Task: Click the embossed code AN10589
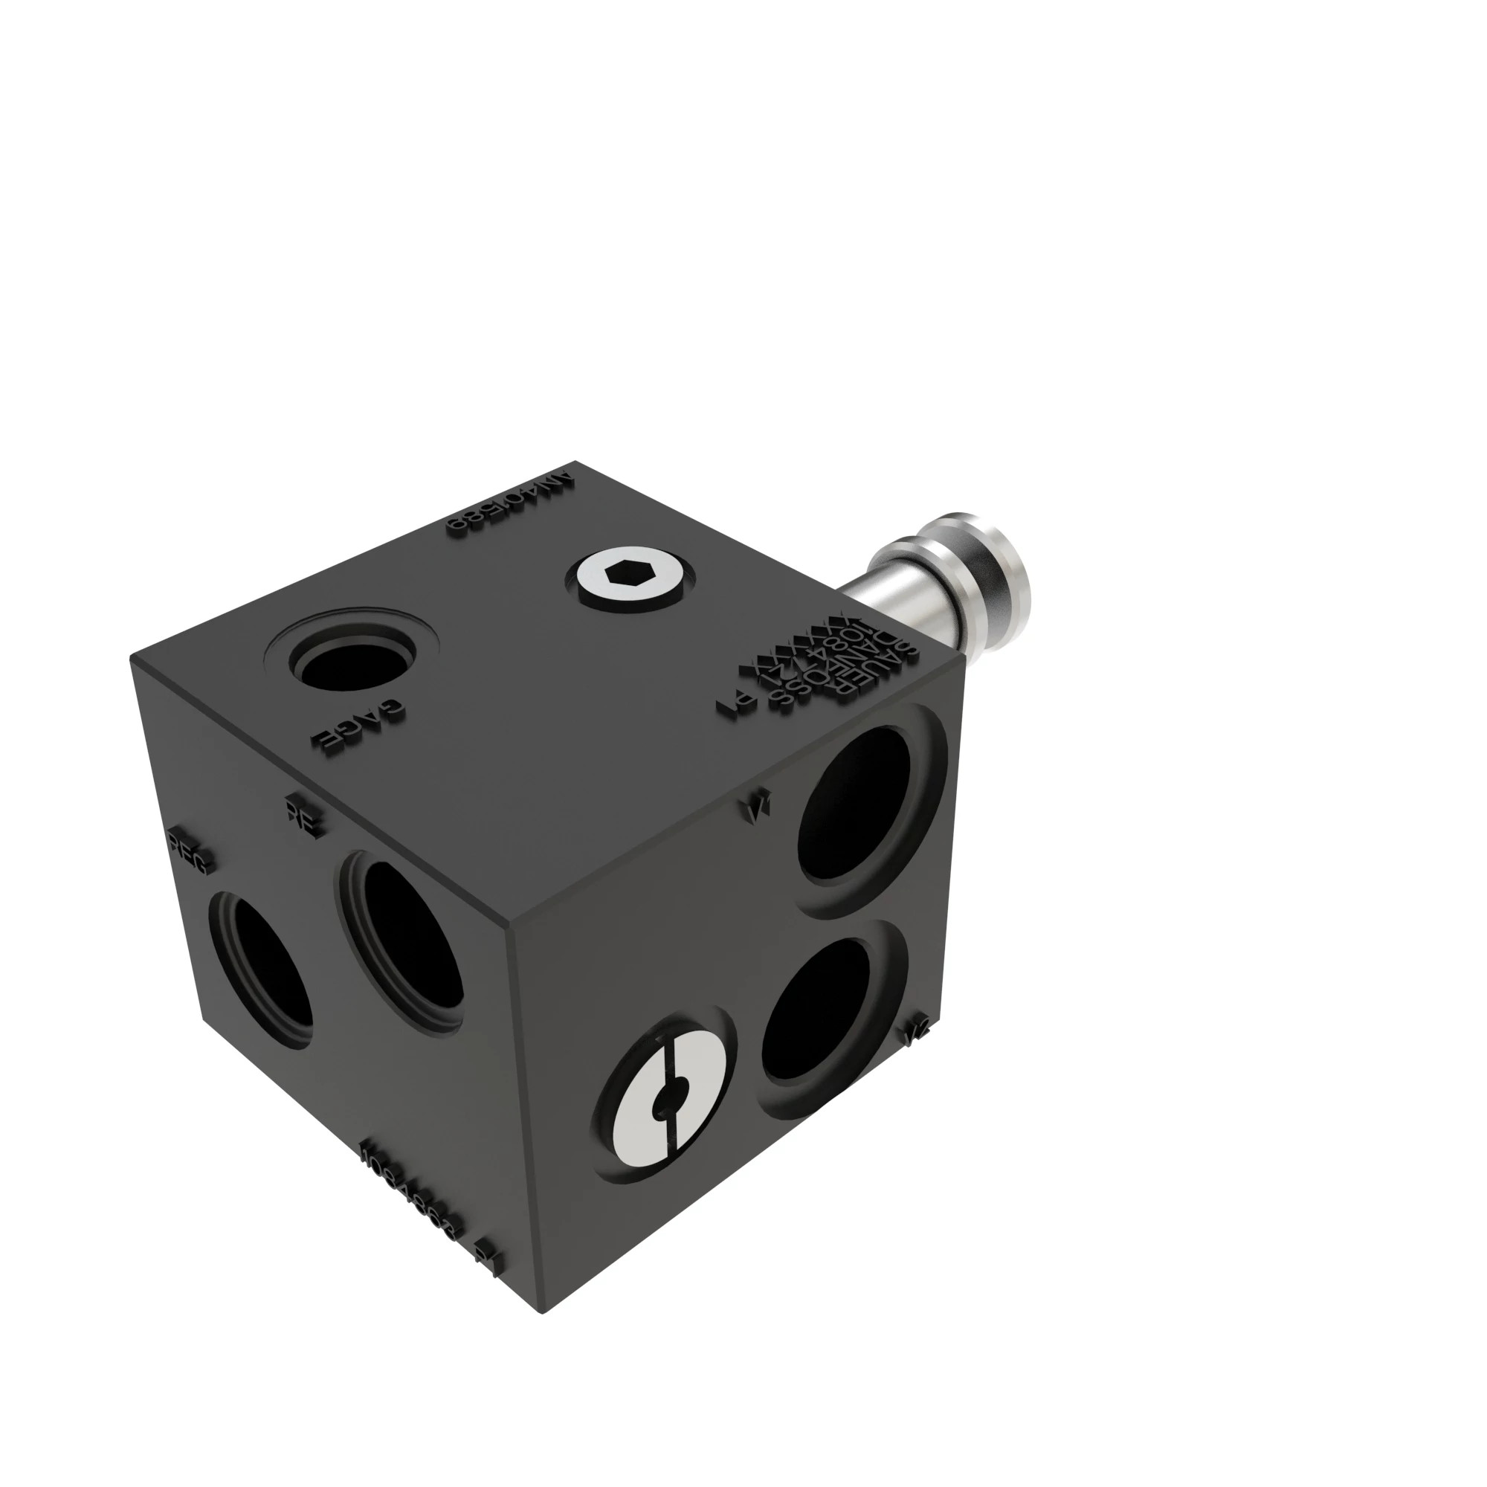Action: point(512,503)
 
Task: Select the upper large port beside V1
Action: point(854,804)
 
